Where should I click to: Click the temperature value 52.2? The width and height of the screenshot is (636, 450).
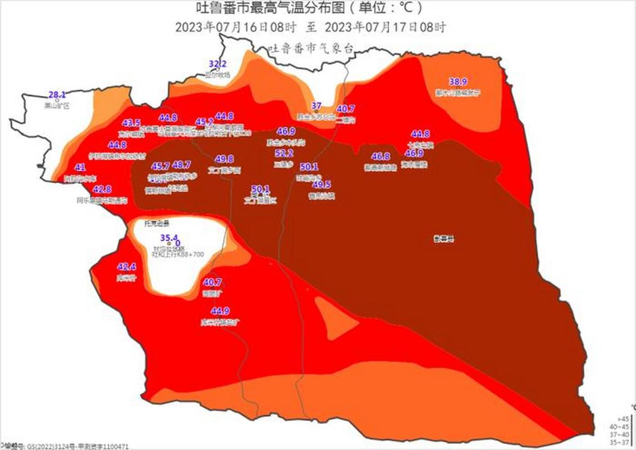284,154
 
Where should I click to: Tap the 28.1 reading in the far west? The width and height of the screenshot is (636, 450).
57,95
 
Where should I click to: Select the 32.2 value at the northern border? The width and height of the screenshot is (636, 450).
218,64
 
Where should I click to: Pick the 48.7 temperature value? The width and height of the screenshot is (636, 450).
182,165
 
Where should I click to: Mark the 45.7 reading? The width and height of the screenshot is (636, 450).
160,166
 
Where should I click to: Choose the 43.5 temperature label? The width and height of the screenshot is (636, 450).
132,123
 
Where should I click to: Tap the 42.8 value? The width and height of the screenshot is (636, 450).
102,190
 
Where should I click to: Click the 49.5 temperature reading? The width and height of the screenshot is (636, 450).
322,184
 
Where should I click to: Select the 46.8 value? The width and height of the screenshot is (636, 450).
381,156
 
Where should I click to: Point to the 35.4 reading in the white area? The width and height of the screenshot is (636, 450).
169,237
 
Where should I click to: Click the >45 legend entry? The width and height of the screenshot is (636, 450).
623,419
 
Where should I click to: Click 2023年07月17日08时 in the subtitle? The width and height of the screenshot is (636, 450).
386,27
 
